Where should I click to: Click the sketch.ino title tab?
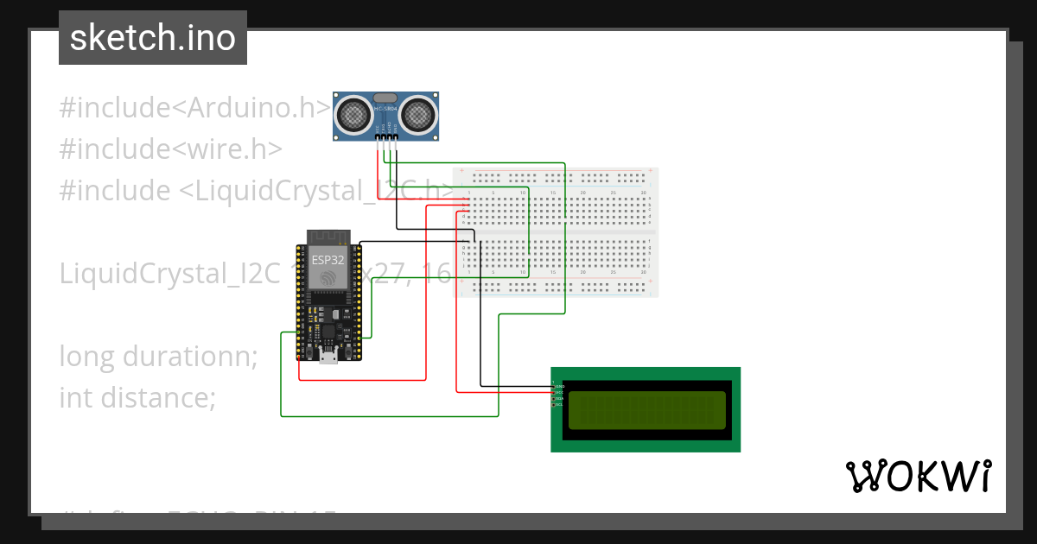point(153,38)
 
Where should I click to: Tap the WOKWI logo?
point(918,476)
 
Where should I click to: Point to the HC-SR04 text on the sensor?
point(385,109)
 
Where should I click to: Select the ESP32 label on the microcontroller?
point(328,258)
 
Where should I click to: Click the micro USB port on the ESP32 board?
point(328,357)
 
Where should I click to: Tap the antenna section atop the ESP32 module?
point(328,236)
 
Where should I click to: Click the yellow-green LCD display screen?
point(646,409)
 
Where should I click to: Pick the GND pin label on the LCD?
point(558,385)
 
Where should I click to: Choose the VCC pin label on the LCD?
point(558,392)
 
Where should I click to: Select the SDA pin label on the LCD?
point(558,398)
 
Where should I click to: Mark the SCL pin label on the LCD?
point(558,404)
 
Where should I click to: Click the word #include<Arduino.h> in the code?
point(194,108)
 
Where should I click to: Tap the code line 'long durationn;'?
point(158,356)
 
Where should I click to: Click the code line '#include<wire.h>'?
point(170,149)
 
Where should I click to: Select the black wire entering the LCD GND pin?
point(518,385)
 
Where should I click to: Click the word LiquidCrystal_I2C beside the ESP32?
point(169,274)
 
